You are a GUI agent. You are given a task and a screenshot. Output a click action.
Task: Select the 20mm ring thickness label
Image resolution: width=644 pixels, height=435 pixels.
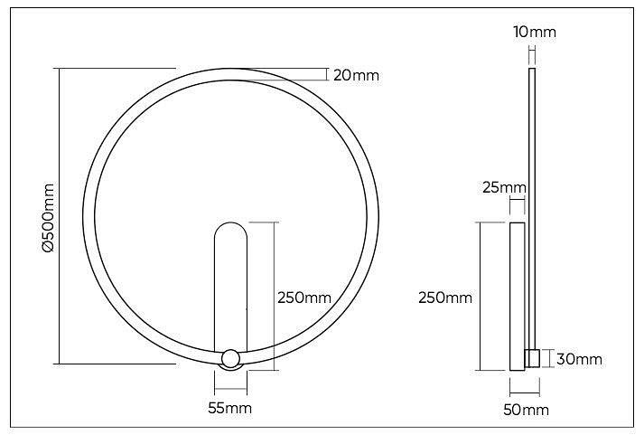pos(356,75)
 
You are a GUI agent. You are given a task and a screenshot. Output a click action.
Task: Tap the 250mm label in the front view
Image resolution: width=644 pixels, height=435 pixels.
pos(303,298)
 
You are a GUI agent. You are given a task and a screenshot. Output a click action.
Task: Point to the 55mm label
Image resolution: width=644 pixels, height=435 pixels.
pos(229,409)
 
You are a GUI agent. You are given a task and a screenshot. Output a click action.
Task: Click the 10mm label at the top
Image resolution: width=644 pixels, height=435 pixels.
pos(535,33)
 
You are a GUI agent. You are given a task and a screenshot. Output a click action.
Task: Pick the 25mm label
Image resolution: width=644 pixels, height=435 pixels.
pos(504,188)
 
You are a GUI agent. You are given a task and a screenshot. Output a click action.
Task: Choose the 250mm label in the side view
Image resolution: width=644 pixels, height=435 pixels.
pos(445,298)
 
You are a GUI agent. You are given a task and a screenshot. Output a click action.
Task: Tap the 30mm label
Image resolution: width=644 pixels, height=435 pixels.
pos(579,359)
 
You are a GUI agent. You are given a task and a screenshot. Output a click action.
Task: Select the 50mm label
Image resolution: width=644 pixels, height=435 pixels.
pos(527,410)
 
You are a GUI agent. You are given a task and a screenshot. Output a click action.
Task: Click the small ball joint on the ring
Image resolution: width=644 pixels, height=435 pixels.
pos(230,358)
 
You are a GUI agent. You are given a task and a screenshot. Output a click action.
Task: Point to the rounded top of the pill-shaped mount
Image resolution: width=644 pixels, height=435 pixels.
pos(230,233)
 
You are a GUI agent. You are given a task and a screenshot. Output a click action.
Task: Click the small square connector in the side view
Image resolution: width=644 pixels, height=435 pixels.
pos(532,358)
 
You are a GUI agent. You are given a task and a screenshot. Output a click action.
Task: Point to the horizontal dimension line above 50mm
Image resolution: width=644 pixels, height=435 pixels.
pos(525,392)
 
